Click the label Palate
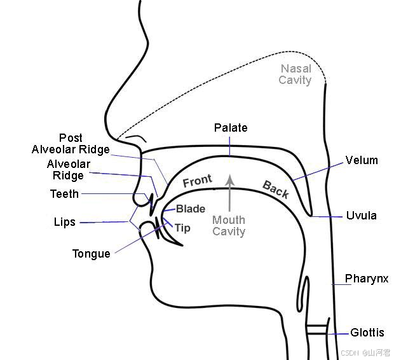pos(231,128)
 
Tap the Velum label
pos(362,160)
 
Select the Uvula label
pos(362,216)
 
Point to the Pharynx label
pos(367,279)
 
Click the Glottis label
pos(367,333)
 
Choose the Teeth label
pos(65,194)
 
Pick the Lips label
pos(65,223)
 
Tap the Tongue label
pos(92,254)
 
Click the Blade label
pos(191,209)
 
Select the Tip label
pos(182,228)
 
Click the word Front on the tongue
pos(198,181)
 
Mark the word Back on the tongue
pos(276,190)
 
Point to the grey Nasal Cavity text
pos(295,74)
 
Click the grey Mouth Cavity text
pos(229,226)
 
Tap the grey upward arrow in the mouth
pos(229,193)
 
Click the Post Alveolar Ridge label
pos(71,144)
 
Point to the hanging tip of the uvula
pos(311,216)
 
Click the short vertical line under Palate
pos(229,147)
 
